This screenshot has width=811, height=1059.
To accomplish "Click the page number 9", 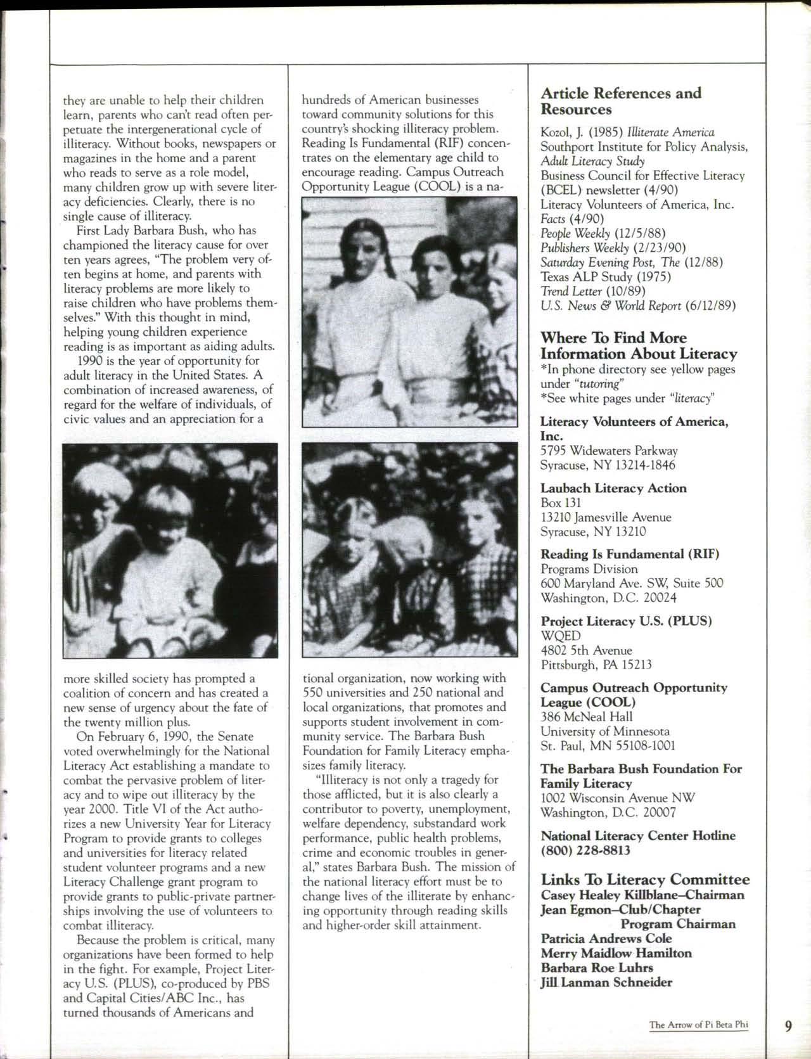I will [x=788, y=1026].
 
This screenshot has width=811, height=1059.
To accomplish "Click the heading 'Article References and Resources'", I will [x=621, y=101].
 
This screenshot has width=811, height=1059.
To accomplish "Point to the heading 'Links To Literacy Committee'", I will [x=645, y=879].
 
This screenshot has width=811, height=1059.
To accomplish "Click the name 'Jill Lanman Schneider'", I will [x=606, y=982].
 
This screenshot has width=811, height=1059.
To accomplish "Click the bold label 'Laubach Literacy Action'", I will [x=613, y=488].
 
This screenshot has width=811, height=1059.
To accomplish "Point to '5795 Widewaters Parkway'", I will [x=609, y=451].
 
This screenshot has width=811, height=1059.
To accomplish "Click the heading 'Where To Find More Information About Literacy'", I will [x=639, y=346].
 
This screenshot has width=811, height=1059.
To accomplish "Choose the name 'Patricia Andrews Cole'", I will [x=606, y=939].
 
